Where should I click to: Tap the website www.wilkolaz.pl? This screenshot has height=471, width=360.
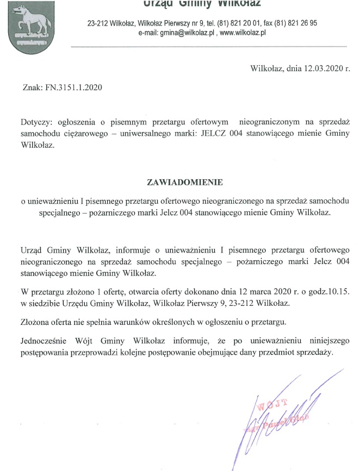point(243,33)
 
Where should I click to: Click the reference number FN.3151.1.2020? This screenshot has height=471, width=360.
point(73,87)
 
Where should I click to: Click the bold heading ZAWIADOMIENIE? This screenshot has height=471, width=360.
point(185,181)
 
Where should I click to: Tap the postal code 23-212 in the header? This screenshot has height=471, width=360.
point(98,23)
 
